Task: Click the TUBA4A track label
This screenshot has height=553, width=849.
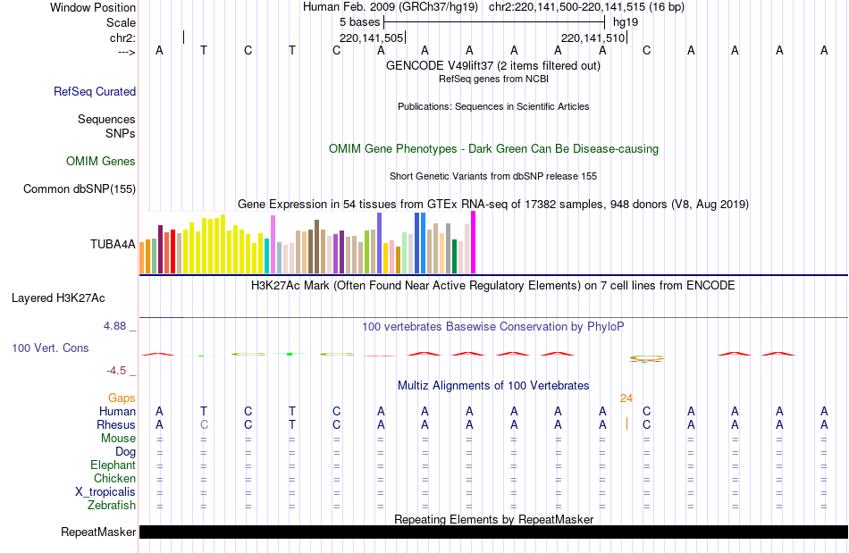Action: [113, 244]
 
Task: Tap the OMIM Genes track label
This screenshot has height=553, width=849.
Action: [101, 162]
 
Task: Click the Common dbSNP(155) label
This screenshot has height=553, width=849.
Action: [80, 189]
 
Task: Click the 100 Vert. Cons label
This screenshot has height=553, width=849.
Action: [50, 348]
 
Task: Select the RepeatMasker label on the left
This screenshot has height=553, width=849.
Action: [98, 532]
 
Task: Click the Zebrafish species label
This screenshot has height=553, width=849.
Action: [112, 506]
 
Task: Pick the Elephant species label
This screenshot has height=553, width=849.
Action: [113, 465]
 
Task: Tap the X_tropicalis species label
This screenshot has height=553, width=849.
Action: [105, 492]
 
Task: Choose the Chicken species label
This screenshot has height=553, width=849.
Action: [114, 479]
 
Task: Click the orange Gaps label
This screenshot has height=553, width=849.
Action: [122, 398]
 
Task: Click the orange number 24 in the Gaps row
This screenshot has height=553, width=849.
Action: [626, 398]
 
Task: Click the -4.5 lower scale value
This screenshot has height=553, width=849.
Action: [116, 371]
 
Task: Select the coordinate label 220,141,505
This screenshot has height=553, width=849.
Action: [372, 38]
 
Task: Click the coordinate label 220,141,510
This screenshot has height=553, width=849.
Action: [593, 38]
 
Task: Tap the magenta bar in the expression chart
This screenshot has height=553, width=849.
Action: [473, 242]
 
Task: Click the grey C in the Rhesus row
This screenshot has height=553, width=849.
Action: [204, 424]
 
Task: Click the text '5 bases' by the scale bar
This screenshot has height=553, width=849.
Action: [359, 21]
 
